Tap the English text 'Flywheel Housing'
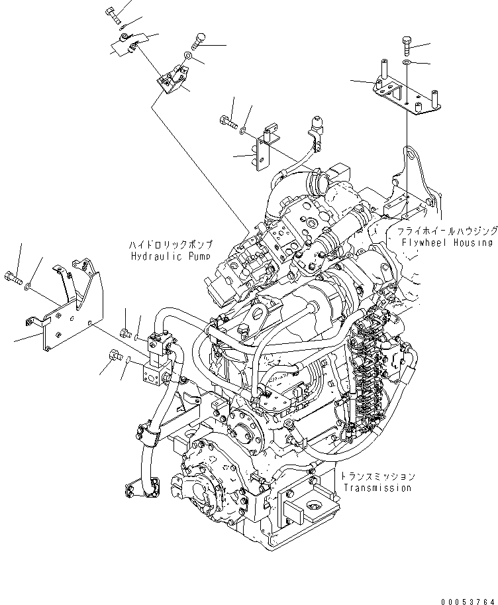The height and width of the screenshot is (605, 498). point(447,243)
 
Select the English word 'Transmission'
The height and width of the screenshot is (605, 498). point(377,488)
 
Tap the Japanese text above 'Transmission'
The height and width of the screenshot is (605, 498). point(378,476)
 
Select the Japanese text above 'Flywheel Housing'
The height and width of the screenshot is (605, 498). point(447,231)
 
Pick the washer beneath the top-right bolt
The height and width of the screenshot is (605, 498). point(407,63)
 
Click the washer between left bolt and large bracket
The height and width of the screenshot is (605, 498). point(26,287)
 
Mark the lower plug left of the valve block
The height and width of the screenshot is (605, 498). point(113,358)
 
